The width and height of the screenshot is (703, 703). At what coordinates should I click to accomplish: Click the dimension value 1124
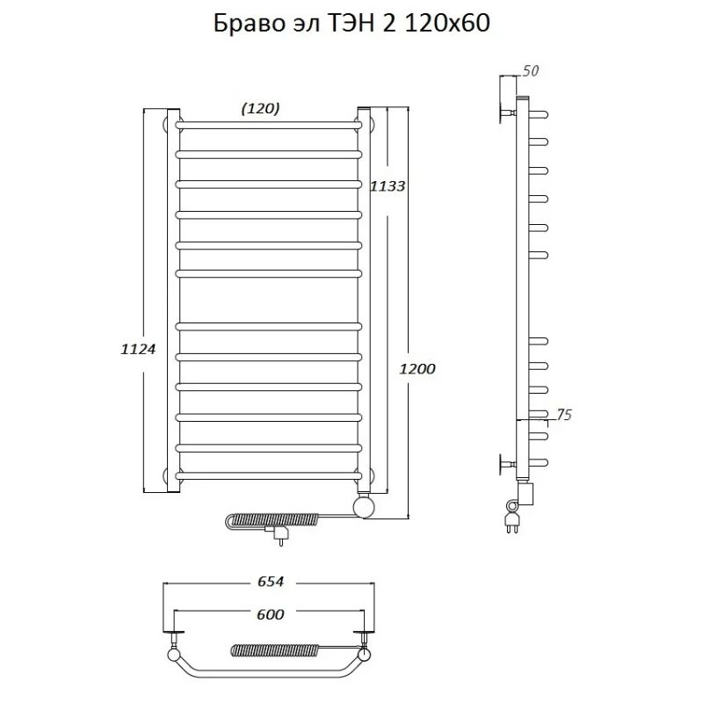click(x=137, y=349)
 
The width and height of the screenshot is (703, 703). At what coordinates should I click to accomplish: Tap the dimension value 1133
click(x=387, y=185)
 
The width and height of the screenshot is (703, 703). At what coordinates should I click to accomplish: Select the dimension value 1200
click(x=417, y=369)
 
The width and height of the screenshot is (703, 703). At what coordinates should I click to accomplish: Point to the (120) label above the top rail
click(x=260, y=108)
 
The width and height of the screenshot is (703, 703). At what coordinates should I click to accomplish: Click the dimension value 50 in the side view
click(x=530, y=69)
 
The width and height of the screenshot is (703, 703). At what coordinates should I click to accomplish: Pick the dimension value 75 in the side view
click(x=563, y=416)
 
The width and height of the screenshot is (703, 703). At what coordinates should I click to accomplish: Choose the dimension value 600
click(x=271, y=614)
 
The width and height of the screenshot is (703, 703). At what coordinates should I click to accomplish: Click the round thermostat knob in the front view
click(x=363, y=505)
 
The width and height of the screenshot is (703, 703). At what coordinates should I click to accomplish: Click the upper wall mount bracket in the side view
click(x=507, y=112)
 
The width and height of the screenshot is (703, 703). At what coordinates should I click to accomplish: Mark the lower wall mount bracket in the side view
click(x=507, y=464)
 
